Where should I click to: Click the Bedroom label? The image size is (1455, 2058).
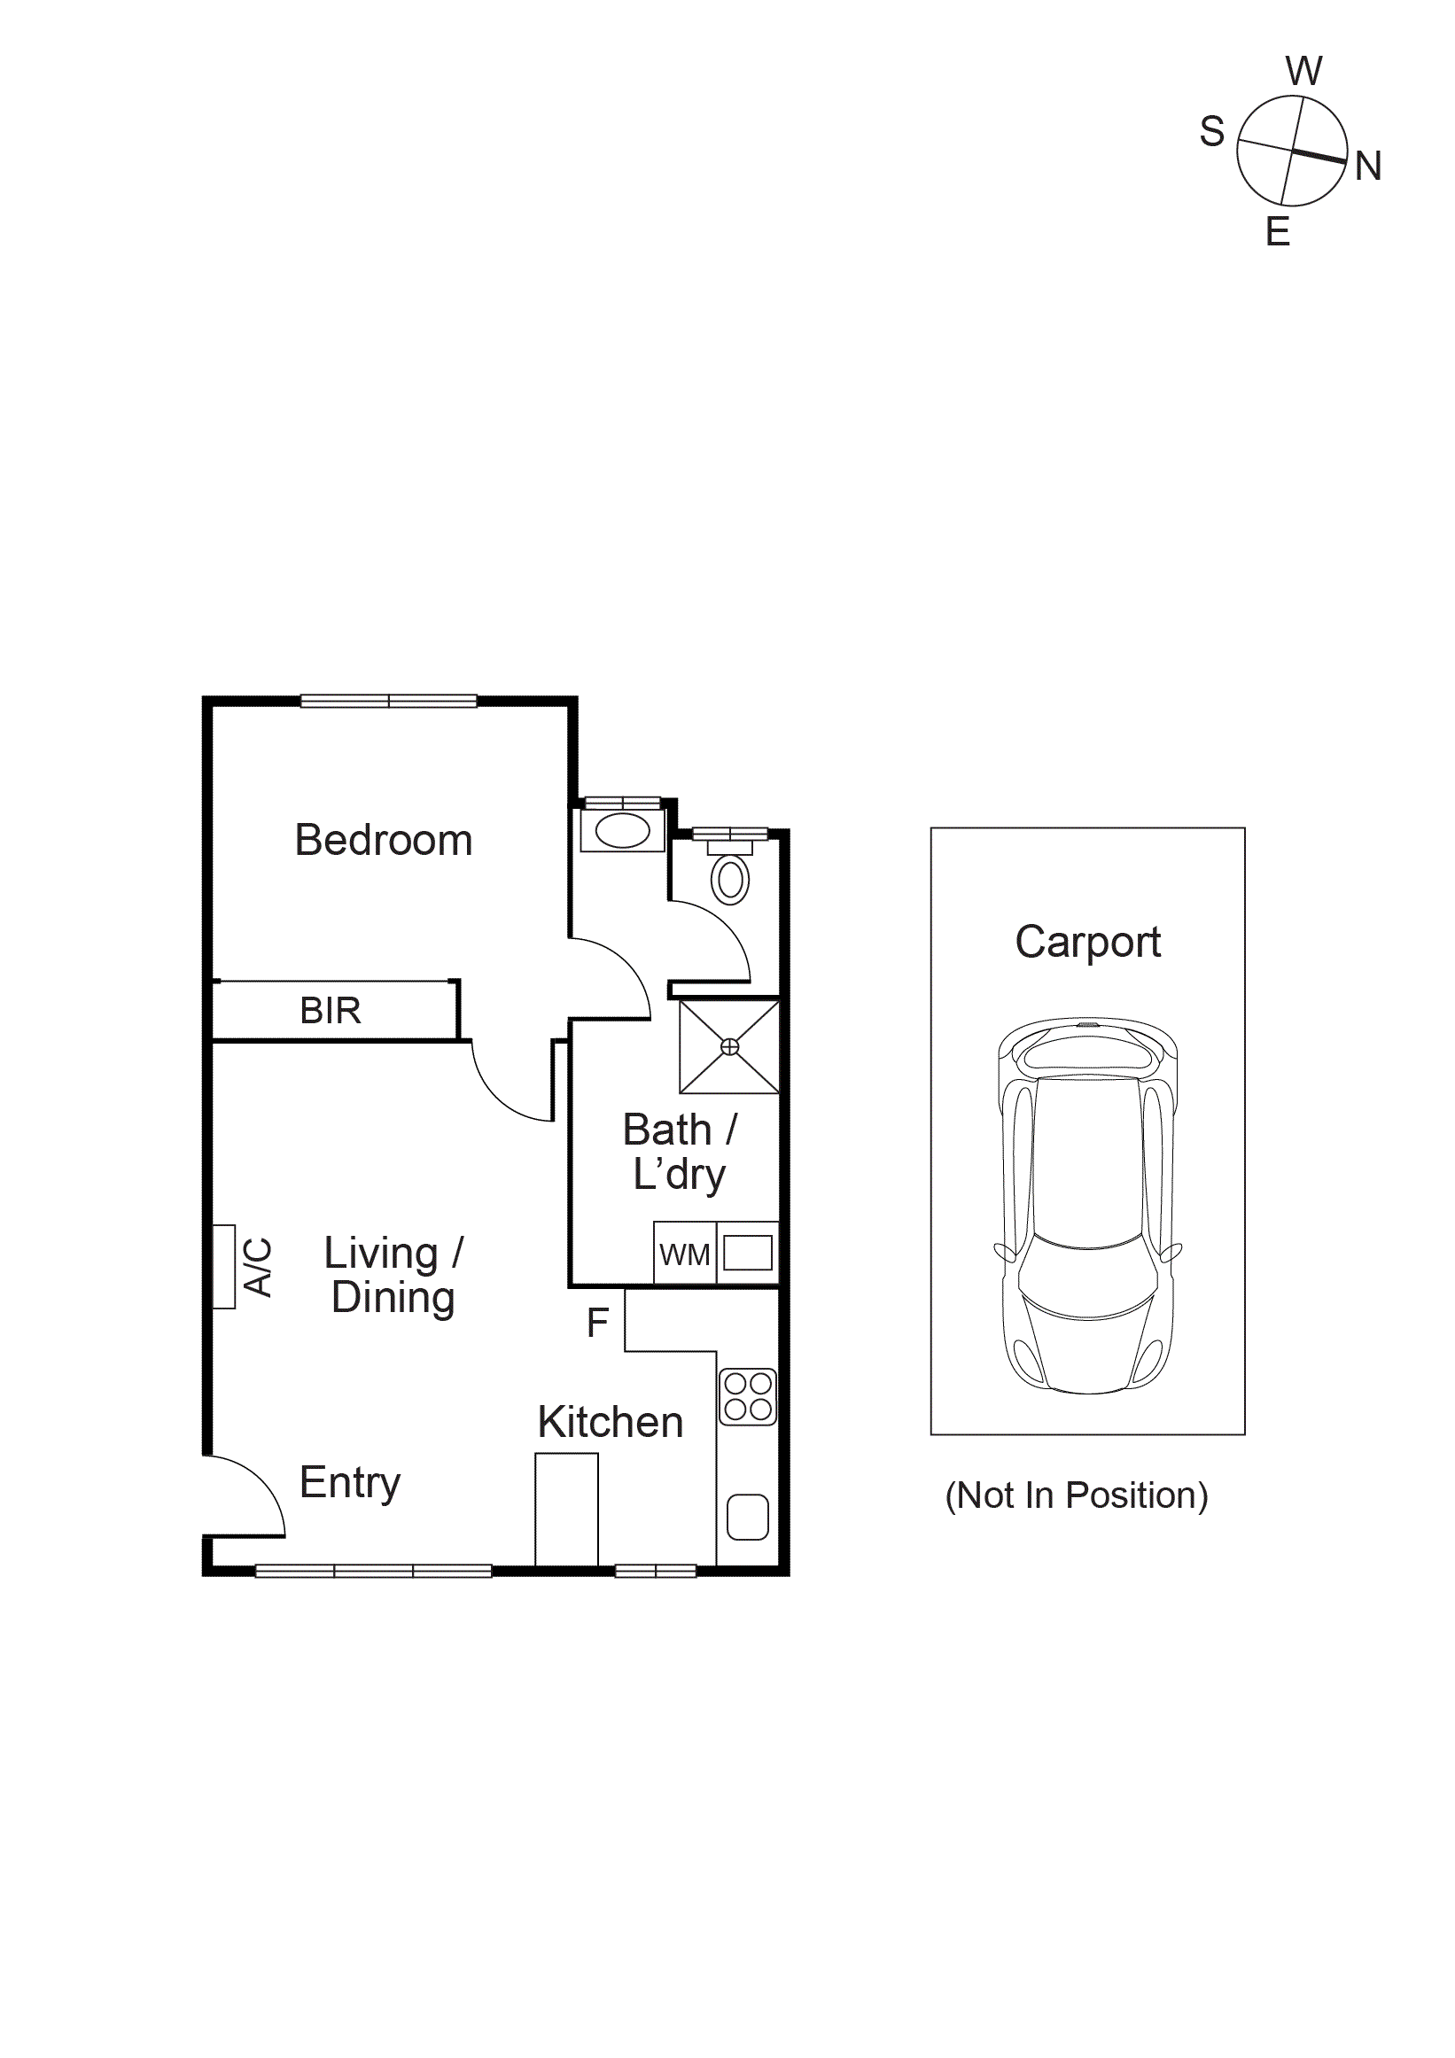[x=383, y=841]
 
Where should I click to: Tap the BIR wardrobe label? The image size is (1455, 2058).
[x=330, y=1011]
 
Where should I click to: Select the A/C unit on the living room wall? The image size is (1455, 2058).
[x=224, y=1267]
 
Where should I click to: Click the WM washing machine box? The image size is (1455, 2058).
[x=684, y=1254]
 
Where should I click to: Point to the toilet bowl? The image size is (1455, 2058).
[x=730, y=880]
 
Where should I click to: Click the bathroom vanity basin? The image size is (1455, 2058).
[x=622, y=830]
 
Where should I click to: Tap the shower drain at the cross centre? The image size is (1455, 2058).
[x=730, y=1047]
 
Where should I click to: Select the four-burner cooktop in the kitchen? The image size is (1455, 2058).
[x=748, y=1396]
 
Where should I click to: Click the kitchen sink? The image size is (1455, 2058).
[x=748, y=1517]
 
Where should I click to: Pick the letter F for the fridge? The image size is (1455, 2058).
[x=597, y=1323]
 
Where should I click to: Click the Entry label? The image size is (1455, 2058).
[x=350, y=1482]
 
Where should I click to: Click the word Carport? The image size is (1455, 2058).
[x=1086, y=942]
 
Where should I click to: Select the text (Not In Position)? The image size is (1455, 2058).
[x=1076, y=1495]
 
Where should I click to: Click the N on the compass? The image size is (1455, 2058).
[x=1367, y=167]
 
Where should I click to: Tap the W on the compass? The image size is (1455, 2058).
[x=1303, y=71]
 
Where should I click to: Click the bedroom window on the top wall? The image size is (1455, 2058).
[x=388, y=701]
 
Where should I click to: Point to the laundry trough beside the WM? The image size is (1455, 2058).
[x=748, y=1253]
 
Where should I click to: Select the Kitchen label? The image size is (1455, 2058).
[x=610, y=1423]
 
